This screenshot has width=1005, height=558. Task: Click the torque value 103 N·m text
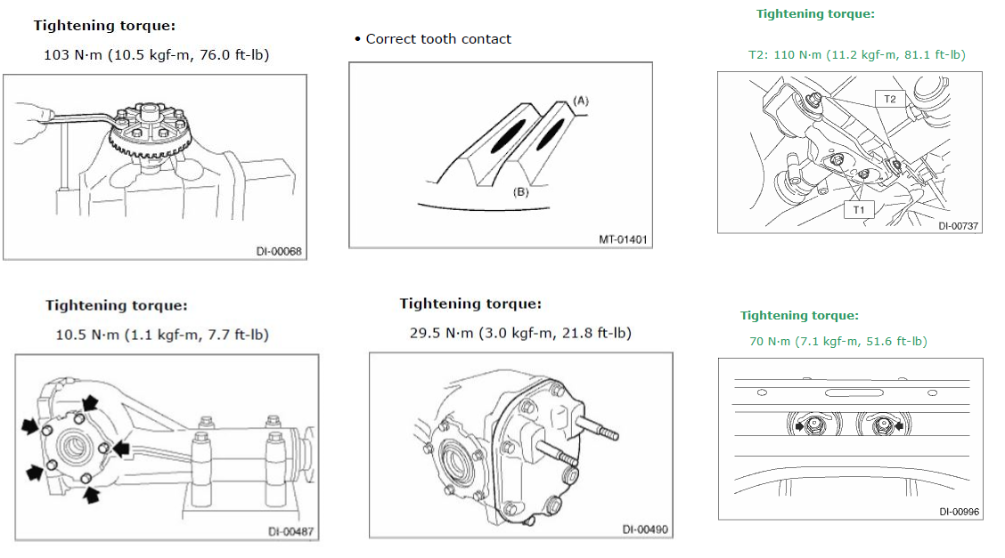156,55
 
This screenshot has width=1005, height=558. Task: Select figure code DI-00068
279,252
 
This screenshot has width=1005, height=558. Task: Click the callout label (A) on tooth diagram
581,101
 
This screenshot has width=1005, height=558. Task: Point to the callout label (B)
521,190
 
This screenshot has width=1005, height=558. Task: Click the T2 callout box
889,99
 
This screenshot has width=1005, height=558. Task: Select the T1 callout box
859,210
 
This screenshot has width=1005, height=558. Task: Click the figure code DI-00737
958,226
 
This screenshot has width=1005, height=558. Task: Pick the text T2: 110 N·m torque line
856,55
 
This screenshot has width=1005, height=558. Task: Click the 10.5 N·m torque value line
161,336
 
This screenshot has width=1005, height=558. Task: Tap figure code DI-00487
290,532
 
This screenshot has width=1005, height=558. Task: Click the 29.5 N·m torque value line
520,333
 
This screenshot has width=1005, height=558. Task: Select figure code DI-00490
644,530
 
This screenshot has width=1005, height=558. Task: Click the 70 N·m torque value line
837,342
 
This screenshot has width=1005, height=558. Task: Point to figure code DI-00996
959,511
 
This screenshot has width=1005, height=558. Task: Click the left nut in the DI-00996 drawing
810,426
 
